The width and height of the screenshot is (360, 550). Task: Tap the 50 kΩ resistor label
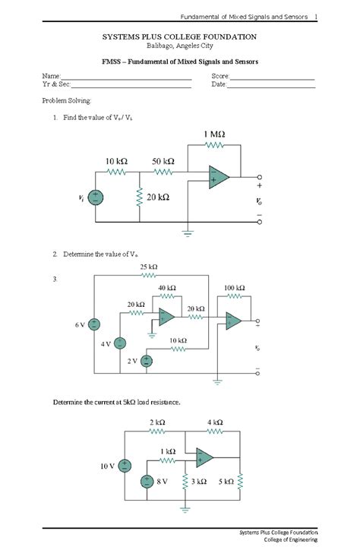click(x=163, y=162)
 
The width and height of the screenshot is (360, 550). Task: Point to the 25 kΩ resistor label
click(x=149, y=267)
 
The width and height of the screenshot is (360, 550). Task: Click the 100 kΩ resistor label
click(x=235, y=288)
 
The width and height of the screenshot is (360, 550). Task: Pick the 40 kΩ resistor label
click(x=167, y=288)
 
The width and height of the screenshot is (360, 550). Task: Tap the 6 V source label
click(x=80, y=324)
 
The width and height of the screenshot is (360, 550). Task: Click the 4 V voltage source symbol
click(x=120, y=343)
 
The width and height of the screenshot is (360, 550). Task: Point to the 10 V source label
click(x=106, y=466)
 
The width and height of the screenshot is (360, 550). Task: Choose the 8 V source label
click(x=162, y=481)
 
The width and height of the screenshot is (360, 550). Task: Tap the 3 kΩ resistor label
click(x=199, y=481)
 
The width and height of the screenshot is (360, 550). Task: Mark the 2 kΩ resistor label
click(x=157, y=422)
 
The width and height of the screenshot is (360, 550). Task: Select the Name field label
click(x=51, y=77)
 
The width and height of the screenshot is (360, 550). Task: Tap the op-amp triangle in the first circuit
click(x=220, y=178)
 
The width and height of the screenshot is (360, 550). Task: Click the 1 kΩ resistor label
click(x=168, y=451)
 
